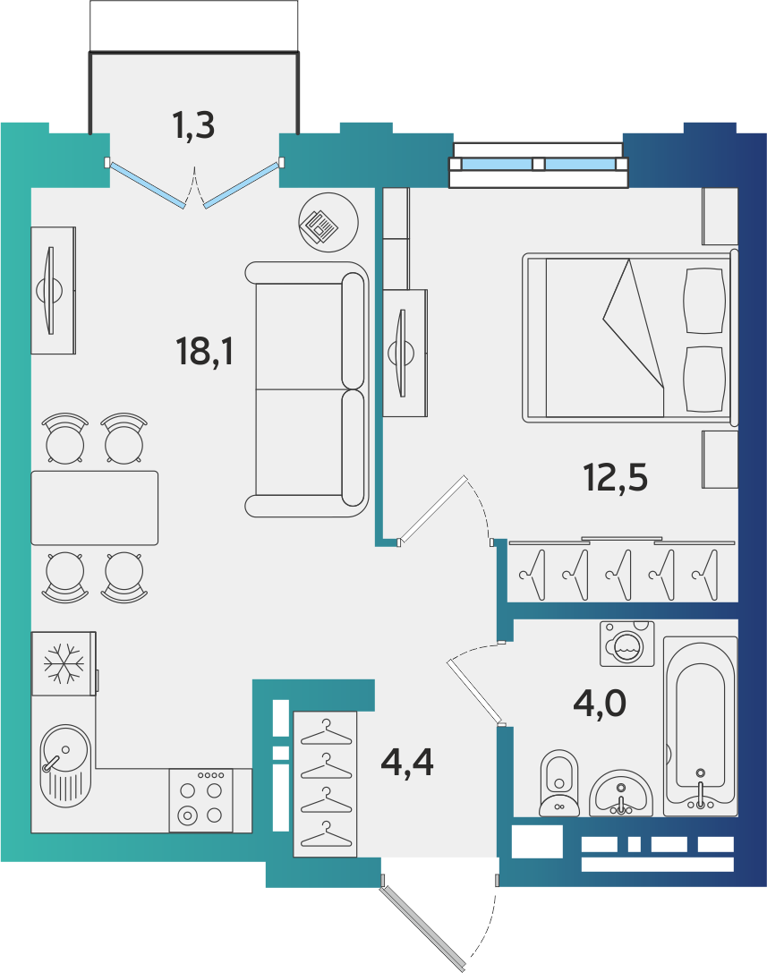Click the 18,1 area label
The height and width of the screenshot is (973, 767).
point(205,351)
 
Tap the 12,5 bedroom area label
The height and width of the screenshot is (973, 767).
point(616,478)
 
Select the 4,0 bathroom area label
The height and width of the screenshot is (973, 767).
point(600,704)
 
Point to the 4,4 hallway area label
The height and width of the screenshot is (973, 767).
point(407,762)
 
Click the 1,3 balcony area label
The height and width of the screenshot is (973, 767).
point(193,124)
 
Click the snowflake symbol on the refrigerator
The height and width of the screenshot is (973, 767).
point(64,663)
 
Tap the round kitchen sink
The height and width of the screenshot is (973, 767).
point(65,765)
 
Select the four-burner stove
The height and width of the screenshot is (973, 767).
point(201,800)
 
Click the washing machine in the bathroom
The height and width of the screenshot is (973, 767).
point(627,644)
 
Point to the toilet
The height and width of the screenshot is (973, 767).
point(559,783)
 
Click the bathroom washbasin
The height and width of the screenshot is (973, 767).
point(620,794)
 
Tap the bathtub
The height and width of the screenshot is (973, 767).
point(700,726)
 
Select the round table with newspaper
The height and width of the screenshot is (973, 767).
point(328,222)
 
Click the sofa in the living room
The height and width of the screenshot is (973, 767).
point(307,389)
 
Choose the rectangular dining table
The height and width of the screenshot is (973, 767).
point(94,508)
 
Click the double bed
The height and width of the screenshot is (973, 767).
point(630,337)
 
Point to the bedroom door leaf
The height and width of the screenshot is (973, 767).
point(432,510)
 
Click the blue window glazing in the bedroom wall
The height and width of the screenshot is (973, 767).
point(538,164)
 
